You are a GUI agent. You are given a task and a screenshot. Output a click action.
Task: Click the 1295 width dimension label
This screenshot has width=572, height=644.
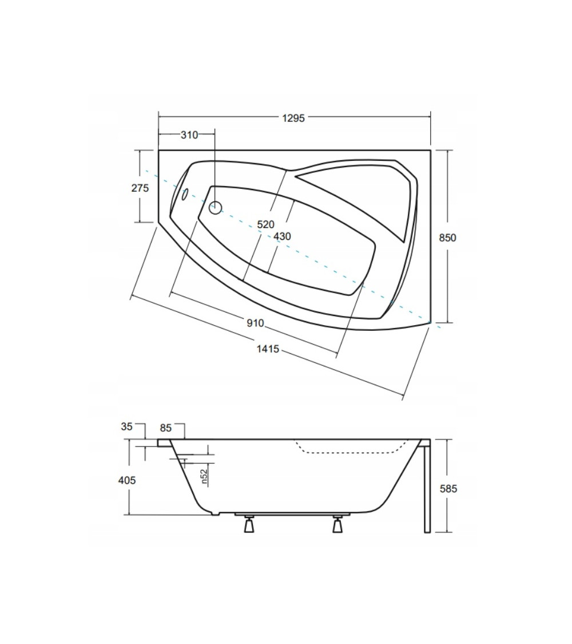click(x=293, y=118)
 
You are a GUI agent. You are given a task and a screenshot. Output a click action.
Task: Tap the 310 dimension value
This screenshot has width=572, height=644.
click(x=189, y=135)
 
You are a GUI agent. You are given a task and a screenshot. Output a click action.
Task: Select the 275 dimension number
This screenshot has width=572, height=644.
click(x=140, y=188)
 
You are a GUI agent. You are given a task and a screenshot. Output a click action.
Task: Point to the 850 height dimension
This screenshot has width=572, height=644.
click(x=447, y=238)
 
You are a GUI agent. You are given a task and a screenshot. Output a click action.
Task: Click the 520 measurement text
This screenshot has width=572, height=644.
click(x=265, y=224)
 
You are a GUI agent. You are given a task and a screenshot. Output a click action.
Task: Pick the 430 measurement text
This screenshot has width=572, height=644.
click(x=282, y=236)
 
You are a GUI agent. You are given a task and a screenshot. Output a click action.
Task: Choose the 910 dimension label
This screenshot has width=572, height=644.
click(x=255, y=323)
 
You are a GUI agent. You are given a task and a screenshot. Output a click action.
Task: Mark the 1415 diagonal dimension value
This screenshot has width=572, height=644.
click(x=268, y=349)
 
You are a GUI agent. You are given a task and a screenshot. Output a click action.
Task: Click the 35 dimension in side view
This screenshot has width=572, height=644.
click(x=127, y=426)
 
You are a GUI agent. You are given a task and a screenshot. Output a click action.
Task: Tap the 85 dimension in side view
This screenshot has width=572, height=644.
click(x=165, y=428)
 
